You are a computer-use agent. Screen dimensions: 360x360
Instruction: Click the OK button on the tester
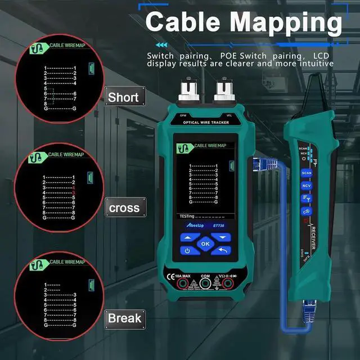point(205,244)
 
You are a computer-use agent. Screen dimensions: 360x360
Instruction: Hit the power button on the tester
point(187,251)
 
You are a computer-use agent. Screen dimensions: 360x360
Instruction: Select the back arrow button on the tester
point(223,251)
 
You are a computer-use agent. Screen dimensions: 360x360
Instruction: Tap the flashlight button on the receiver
point(307,211)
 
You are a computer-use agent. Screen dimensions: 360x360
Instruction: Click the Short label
point(123,97)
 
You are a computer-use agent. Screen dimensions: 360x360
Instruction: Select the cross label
point(124,208)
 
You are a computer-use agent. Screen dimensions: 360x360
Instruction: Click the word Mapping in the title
point(285,22)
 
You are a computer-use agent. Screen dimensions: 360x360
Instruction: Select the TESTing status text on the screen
point(187,215)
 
